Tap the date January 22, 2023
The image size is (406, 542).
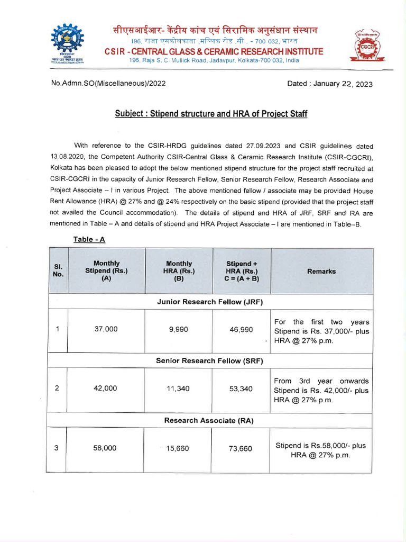tap(329, 84)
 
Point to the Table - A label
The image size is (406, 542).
tap(89, 239)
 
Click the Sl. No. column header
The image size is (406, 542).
tap(58, 271)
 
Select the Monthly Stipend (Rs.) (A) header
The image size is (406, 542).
tap(106, 271)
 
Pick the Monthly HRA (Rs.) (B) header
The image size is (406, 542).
tap(179, 271)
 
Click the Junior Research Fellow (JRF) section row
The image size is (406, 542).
tap(210, 302)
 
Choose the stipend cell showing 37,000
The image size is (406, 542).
tap(106, 329)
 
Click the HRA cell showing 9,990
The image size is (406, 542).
tap(179, 329)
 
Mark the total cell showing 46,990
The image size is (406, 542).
tap(241, 329)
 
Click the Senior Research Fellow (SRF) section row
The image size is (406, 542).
tap(210, 360)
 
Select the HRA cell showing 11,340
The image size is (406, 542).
tap(179, 389)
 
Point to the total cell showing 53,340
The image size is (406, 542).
tap(241, 389)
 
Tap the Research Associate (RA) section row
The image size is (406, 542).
tap(210, 420)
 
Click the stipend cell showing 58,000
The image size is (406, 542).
tap(105, 448)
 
